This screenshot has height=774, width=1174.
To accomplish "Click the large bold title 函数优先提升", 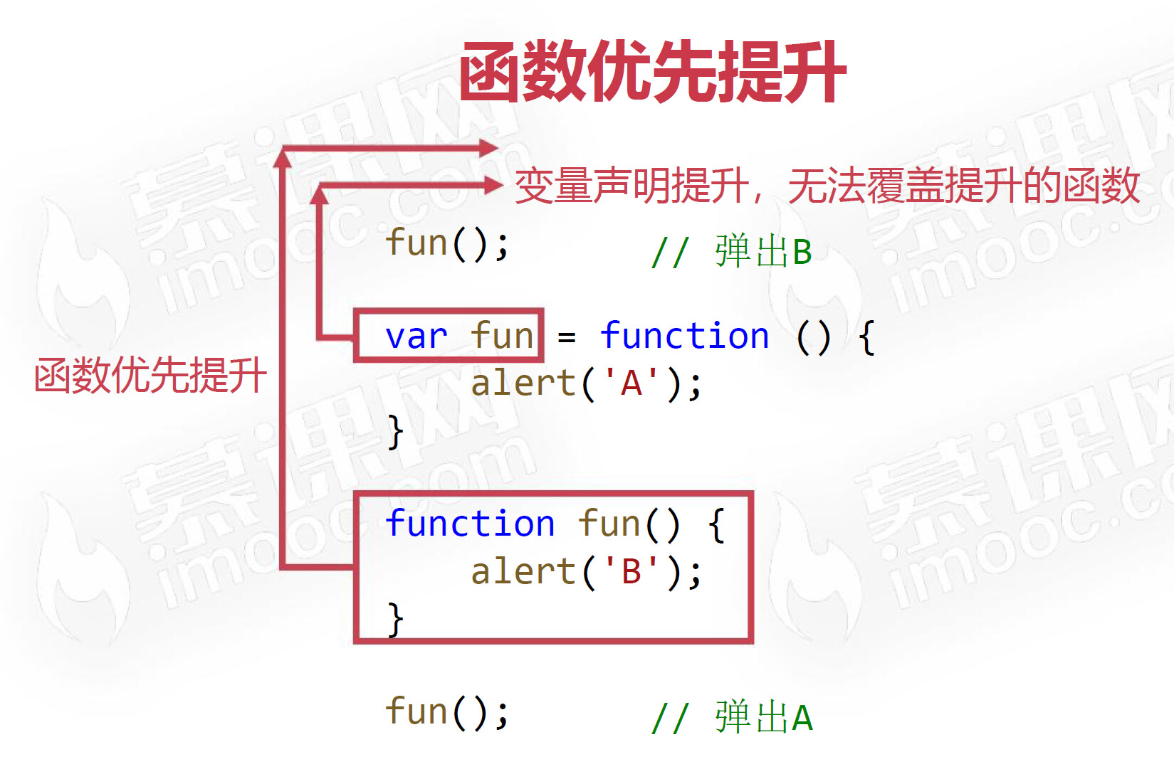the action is (x=652, y=72).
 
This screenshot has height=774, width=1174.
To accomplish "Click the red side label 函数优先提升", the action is (x=150, y=375).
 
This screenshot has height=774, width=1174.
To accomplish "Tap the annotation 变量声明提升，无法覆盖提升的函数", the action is (x=827, y=186).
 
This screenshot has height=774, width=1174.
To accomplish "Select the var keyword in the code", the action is (x=416, y=336).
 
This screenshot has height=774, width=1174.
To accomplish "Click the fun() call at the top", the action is (x=447, y=244).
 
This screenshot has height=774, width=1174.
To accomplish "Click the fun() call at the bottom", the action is (x=447, y=712).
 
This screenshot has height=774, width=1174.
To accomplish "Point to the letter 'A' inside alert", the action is (x=631, y=384).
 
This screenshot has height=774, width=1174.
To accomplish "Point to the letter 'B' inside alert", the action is (x=631, y=572).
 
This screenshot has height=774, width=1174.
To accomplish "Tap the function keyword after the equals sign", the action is (x=684, y=336).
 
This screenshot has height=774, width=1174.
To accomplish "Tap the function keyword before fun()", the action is (x=470, y=524).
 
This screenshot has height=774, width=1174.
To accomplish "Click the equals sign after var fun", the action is (x=567, y=337).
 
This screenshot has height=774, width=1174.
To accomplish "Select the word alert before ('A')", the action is (x=523, y=384).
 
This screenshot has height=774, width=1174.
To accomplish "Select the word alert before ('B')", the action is (x=523, y=572).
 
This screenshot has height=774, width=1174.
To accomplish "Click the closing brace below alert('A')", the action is (x=396, y=432).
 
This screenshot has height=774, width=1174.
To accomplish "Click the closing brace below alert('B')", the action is (x=396, y=619).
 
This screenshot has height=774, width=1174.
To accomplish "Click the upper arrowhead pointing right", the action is (x=489, y=148).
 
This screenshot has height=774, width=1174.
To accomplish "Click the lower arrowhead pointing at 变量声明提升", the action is (x=493, y=186).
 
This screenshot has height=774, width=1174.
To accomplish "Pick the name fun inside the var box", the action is (x=502, y=336).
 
